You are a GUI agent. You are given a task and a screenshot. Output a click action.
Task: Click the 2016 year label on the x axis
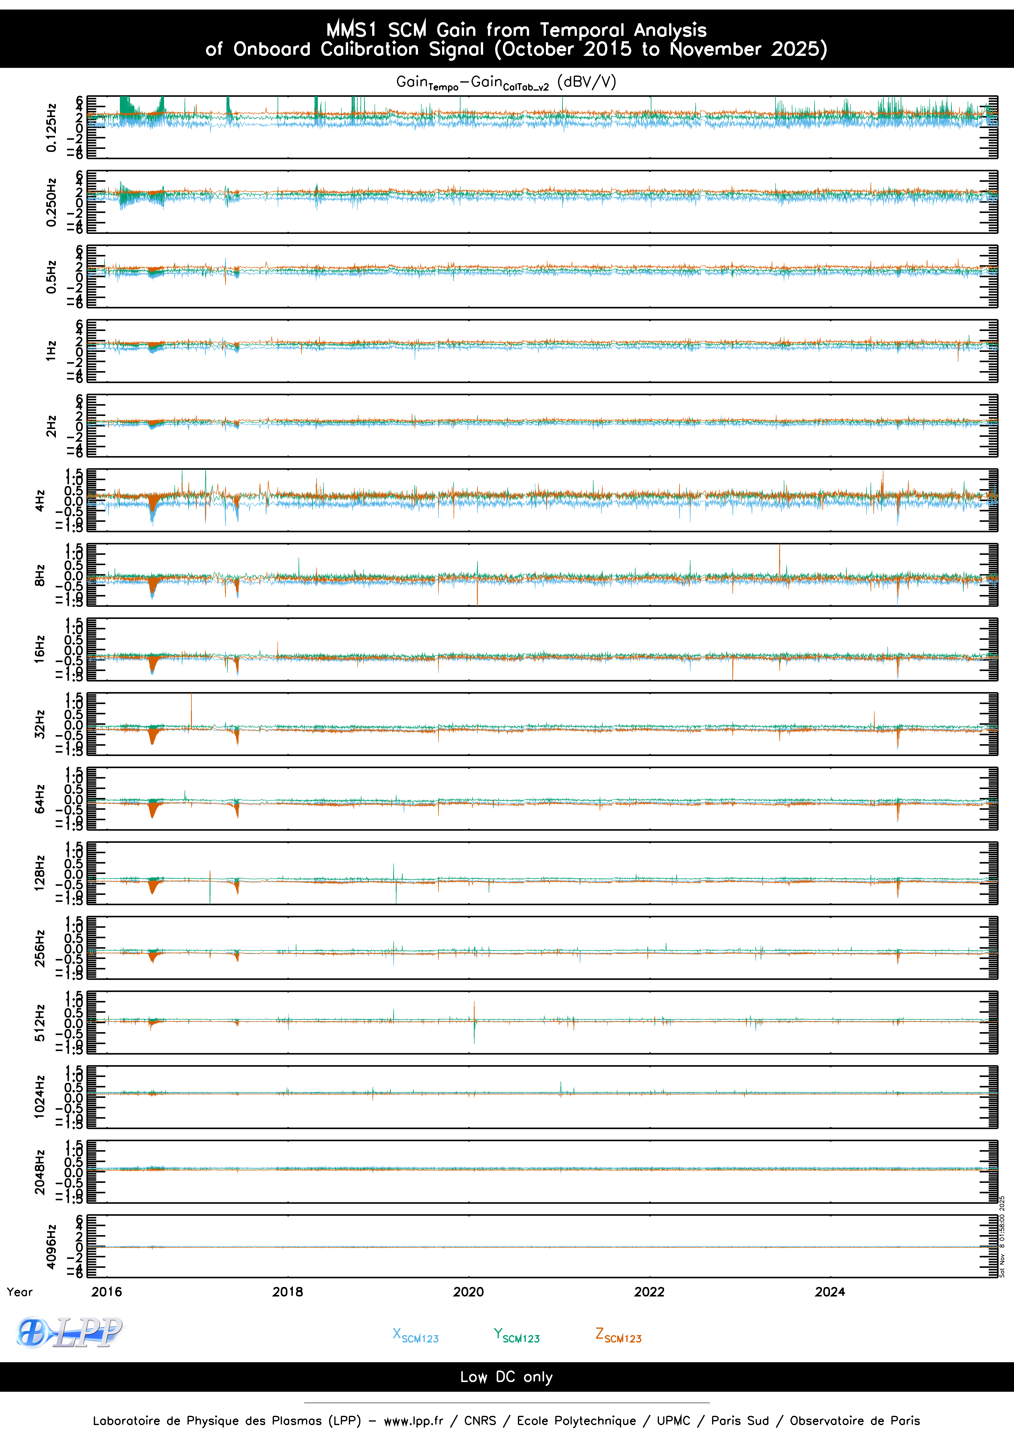(x=107, y=1292)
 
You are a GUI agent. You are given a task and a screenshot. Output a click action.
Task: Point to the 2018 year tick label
(x=288, y=1292)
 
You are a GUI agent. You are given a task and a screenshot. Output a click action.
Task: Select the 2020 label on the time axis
(x=468, y=1292)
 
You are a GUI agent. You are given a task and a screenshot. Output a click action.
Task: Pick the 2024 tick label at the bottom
(x=830, y=1292)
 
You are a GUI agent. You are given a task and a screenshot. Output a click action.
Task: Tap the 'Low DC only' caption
(x=507, y=1377)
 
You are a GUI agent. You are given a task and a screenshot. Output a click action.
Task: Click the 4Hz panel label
(x=40, y=500)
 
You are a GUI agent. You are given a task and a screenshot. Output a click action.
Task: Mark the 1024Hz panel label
(x=40, y=1097)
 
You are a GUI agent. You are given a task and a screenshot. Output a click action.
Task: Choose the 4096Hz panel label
(x=51, y=1246)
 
